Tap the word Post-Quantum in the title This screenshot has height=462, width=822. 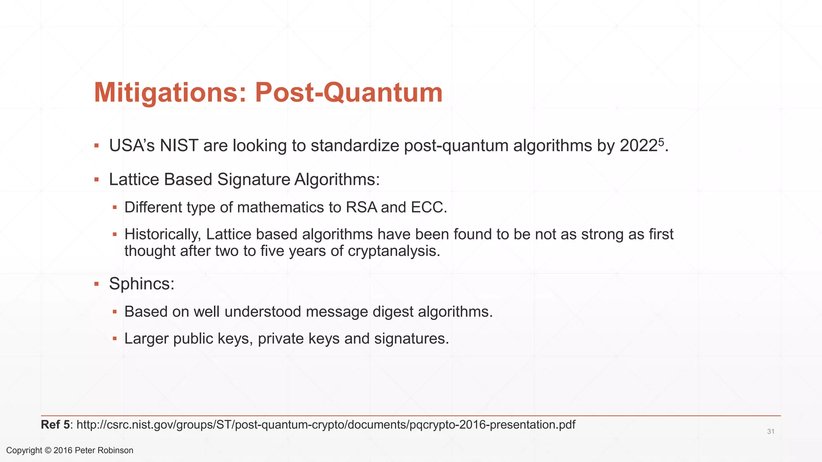(349, 93)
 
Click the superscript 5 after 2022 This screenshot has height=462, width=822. (661, 142)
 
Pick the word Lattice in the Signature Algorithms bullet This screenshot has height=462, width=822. (134, 179)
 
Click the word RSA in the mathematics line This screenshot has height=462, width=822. (361, 207)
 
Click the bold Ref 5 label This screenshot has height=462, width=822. (55, 425)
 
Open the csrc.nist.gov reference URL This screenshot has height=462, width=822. (326, 425)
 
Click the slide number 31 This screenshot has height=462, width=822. (771, 432)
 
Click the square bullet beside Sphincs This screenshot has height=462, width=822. (96, 284)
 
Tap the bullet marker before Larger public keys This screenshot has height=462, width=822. (115, 339)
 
